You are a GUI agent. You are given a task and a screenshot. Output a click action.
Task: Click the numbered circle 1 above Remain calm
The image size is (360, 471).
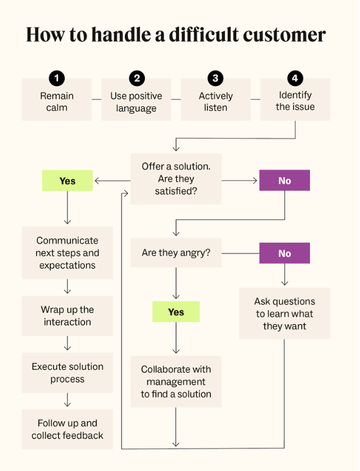point(56,78)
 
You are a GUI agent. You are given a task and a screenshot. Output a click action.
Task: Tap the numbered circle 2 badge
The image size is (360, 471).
point(136,78)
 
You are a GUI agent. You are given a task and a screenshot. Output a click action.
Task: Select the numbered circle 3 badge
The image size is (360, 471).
point(215,78)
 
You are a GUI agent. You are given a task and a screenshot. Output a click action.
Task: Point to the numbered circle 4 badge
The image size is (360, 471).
point(295,78)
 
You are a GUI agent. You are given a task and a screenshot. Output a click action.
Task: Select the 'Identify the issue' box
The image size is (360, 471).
point(295,101)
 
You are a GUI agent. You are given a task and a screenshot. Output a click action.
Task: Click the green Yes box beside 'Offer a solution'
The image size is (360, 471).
point(67,181)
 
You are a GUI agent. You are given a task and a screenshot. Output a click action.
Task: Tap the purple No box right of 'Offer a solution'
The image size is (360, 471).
point(285,181)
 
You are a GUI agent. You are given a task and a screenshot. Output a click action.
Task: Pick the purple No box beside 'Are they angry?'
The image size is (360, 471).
point(285,253)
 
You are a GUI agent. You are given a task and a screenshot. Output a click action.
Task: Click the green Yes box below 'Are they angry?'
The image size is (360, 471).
point(176,312)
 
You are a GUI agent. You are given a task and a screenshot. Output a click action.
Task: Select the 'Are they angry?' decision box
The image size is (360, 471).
point(176,253)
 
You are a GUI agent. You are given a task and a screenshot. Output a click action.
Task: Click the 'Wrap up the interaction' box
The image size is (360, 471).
point(67,316)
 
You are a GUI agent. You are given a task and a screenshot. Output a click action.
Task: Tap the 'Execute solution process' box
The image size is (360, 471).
point(67,373)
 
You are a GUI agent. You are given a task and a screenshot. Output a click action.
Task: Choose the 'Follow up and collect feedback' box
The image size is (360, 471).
point(67,429)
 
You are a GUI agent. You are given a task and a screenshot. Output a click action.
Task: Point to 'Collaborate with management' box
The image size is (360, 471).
point(176,382)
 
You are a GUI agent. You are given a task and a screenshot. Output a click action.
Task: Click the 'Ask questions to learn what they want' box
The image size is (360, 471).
point(285,314)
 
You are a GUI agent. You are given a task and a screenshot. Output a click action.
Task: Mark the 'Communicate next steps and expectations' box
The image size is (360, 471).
point(67,253)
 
